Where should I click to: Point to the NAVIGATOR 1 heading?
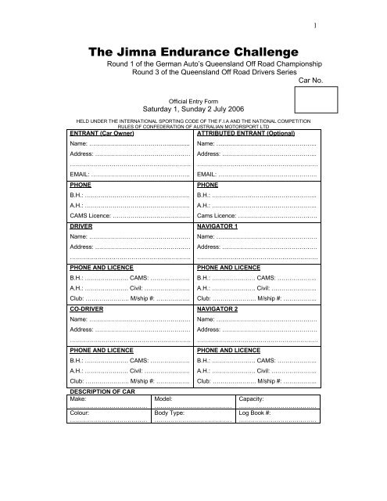(222, 225)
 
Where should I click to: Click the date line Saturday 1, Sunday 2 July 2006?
(192, 109)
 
